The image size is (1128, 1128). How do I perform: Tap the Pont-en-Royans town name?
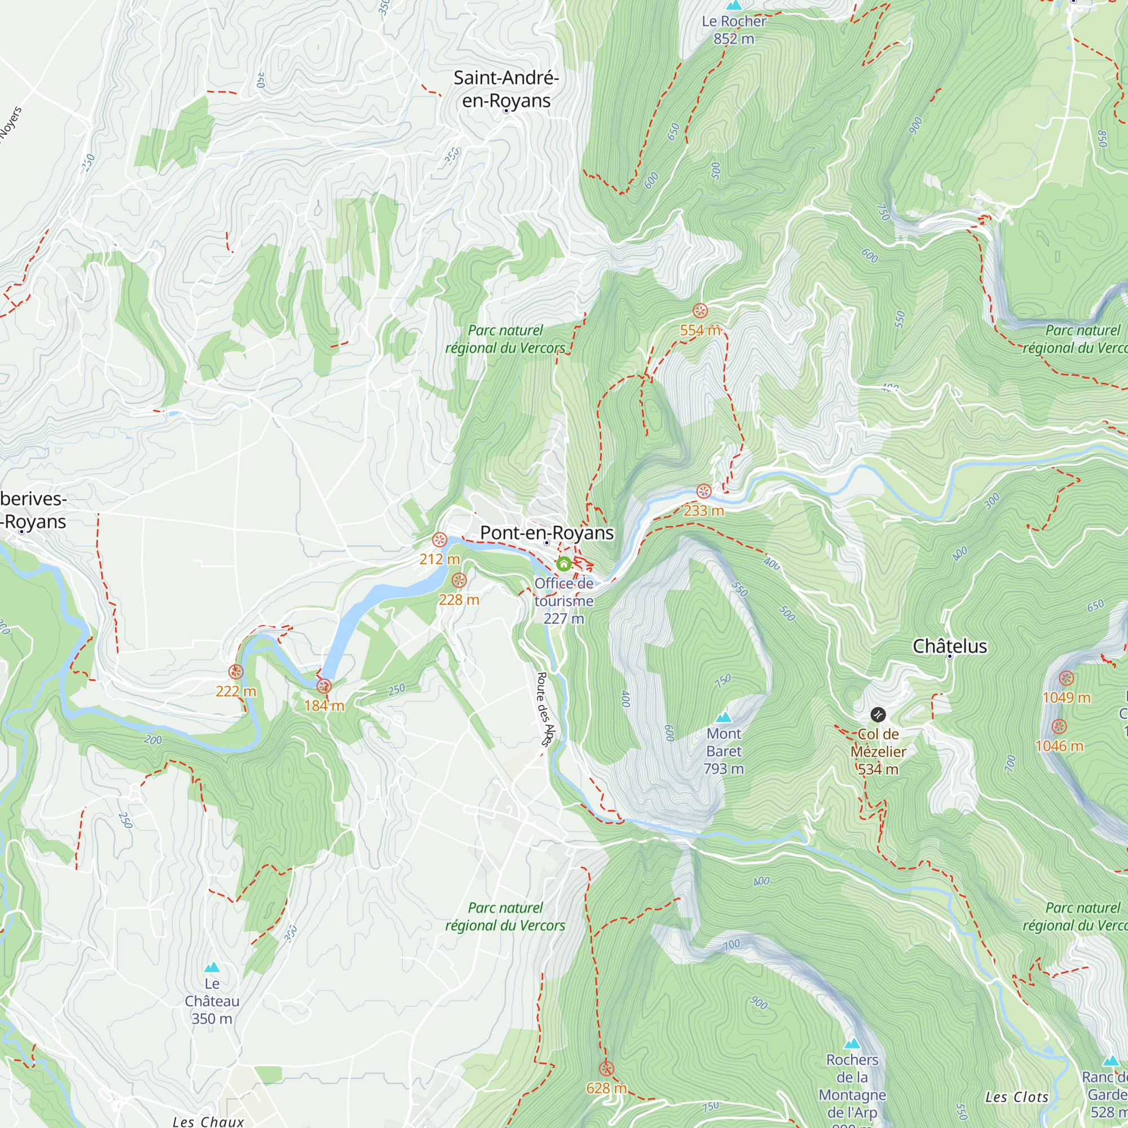pos(547,532)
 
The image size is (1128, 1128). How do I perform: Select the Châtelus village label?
pos(949,646)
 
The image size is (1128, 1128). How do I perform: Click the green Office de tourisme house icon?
pos(563,564)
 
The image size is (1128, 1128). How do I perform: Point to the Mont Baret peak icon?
pos(724,717)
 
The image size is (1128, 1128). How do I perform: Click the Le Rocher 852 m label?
pos(734,30)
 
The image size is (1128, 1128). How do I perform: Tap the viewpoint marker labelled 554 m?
pos(700,311)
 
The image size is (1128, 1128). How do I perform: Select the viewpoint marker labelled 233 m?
pos(704,491)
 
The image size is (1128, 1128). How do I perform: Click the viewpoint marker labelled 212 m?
pos(440,540)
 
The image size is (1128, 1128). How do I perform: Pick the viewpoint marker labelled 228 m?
pos(459,580)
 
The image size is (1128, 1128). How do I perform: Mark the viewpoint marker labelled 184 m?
pos(324,686)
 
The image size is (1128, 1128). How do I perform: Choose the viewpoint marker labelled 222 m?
pos(236,671)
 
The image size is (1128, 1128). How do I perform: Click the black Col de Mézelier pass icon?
pos(878,715)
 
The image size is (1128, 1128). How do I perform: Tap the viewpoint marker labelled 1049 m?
pos(1066,678)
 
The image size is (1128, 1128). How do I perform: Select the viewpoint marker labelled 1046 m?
pos(1059,726)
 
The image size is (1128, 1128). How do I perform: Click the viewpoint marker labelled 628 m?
pos(607,1069)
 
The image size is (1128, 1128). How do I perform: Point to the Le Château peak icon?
pos(212,967)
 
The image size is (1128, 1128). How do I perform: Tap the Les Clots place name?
pos(1016,1097)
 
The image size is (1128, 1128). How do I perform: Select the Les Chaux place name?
pos(209,1122)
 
